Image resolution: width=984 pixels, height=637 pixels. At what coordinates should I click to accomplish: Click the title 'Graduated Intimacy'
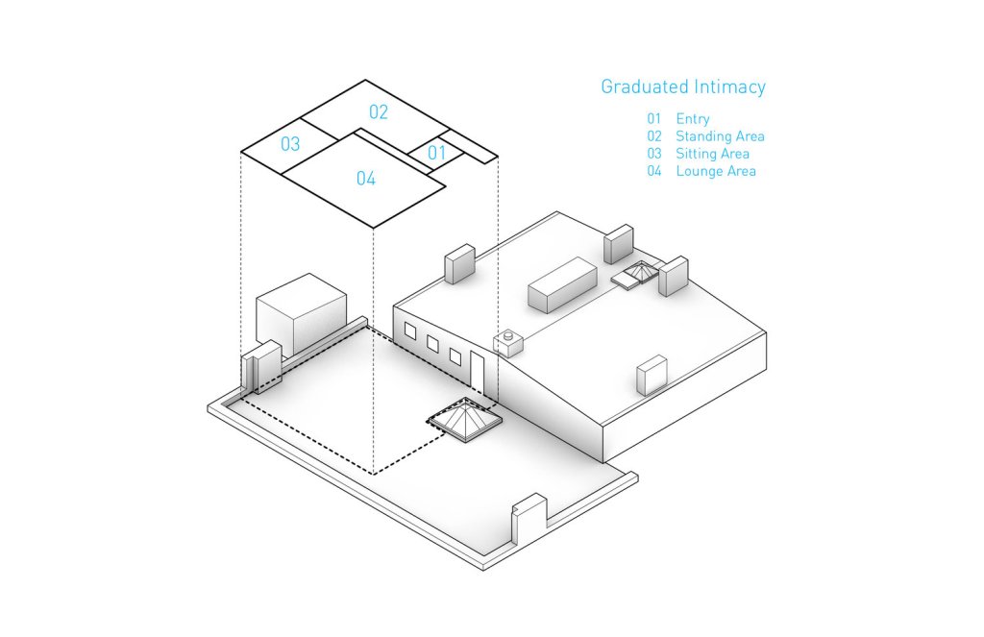pos(683,87)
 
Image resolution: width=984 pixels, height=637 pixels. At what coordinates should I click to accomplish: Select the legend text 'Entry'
pos(692,119)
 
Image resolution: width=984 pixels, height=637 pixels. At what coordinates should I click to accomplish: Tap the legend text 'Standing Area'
pos(720,136)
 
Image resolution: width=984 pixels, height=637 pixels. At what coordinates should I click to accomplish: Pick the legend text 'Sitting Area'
pos(712,154)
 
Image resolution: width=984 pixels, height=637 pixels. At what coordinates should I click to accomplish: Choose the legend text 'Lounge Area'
pos(716,171)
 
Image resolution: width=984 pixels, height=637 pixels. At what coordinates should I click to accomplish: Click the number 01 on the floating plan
pos(437,153)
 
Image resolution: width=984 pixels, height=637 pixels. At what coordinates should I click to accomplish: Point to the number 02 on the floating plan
pos(379,112)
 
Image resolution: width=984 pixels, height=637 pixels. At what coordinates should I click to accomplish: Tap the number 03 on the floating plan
pos(290,145)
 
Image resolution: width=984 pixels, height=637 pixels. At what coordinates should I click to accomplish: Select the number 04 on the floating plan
pos(366,179)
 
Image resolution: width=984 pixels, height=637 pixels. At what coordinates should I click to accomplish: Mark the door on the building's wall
pos(478,370)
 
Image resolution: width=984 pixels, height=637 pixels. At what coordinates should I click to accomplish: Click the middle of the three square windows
pos(432,344)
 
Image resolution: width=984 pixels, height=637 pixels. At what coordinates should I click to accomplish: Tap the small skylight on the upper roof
pos(636,276)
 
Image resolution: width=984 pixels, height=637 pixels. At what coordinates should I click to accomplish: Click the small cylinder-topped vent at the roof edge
pos(506,341)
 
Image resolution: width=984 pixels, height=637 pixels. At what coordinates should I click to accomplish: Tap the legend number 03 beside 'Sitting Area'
pos(654,154)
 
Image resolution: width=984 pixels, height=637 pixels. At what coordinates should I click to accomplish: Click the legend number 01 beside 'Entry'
pos(654,119)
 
